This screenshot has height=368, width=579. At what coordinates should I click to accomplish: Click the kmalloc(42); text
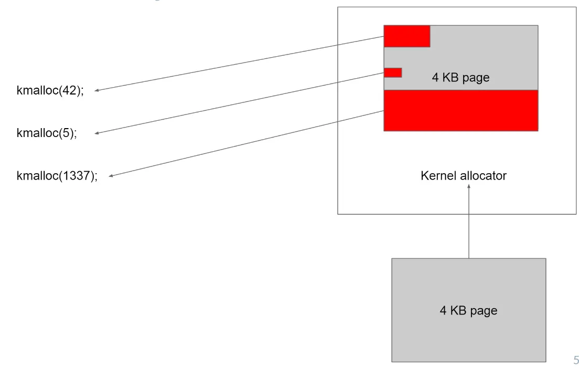point(50,90)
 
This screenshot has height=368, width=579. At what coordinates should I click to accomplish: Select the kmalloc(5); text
point(47,133)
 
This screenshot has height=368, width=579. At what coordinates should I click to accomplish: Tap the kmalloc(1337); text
point(57,176)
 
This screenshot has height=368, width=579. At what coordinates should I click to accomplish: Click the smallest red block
point(393,72)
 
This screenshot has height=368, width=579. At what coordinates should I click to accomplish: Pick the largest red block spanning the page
point(461,110)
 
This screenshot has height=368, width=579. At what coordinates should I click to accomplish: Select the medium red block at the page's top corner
point(407,36)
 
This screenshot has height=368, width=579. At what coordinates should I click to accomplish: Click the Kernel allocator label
point(464,176)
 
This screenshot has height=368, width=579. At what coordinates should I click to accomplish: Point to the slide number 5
point(575,360)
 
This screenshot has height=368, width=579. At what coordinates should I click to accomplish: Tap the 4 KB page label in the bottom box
point(468,310)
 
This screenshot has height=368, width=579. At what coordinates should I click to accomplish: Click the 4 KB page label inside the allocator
point(461,78)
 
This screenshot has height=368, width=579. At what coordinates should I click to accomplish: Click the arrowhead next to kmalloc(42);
point(97,90)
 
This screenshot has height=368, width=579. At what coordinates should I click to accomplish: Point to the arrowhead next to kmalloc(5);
point(97,133)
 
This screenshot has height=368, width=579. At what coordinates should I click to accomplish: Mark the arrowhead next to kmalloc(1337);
point(112,176)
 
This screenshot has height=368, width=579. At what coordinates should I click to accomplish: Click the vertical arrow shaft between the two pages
point(469,226)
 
